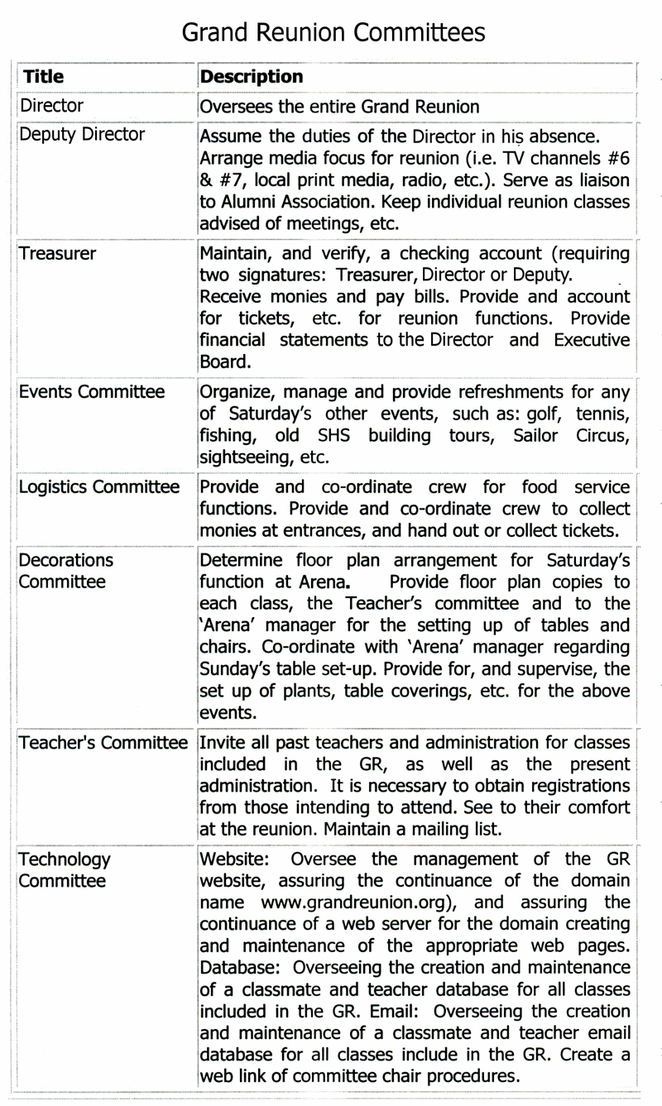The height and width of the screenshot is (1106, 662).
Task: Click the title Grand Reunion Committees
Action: click(x=333, y=32)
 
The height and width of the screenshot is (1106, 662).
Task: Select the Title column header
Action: click(x=43, y=77)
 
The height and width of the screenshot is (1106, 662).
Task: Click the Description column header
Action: click(x=252, y=77)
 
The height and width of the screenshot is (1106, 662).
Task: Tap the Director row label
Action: click(x=51, y=106)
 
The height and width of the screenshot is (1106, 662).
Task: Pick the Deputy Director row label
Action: click(x=82, y=134)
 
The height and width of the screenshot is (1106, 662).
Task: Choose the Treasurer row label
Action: click(x=57, y=253)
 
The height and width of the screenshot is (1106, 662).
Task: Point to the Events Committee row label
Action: click(x=92, y=391)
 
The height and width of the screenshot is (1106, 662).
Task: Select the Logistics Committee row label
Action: click(x=99, y=486)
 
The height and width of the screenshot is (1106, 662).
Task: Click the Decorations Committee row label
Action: click(x=66, y=571)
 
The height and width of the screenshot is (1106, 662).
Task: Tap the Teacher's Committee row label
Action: click(x=103, y=743)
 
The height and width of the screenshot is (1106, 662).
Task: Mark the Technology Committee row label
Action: click(x=64, y=869)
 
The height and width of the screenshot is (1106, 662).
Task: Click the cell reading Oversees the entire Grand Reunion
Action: click(x=339, y=107)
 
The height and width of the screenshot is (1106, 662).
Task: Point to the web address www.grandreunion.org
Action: click(x=359, y=903)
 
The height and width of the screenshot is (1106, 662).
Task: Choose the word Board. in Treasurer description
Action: click(x=223, y=361)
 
